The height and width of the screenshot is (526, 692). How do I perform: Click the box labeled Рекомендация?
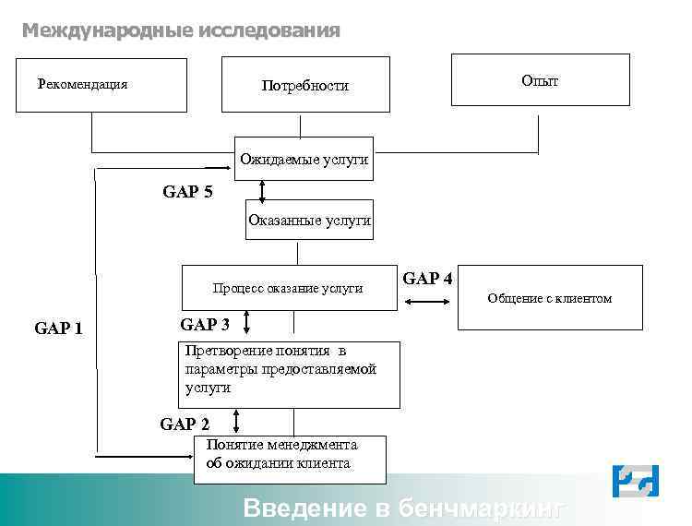tap(101, 85)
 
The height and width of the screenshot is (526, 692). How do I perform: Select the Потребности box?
tap(305, 86)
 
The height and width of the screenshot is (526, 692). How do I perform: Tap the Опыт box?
tap(540, 80)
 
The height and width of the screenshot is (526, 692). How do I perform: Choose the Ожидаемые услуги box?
tap(304, 160)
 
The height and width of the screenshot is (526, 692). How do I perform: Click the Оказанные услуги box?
tap(309, 220)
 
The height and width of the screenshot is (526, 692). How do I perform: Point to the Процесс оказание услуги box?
tap(288, 288)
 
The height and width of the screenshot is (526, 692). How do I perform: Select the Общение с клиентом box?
tap(550, 297)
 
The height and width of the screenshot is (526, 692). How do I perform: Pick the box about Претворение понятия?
tap(288, 375)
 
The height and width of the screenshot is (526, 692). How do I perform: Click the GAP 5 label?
tap(187, 193)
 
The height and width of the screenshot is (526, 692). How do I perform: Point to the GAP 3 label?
tap(205, 325)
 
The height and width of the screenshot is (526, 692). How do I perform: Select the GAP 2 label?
tap(185, 424)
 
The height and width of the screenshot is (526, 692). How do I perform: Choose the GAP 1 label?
tap(58, 328)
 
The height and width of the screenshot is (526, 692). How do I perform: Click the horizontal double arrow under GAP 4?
tap(427, 301)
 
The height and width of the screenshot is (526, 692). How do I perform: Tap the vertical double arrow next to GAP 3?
tap(247, 323)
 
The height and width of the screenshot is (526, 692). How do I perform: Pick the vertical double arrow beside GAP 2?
tap(237, 422)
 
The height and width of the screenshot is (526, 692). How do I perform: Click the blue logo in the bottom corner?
tap(636, 481)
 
